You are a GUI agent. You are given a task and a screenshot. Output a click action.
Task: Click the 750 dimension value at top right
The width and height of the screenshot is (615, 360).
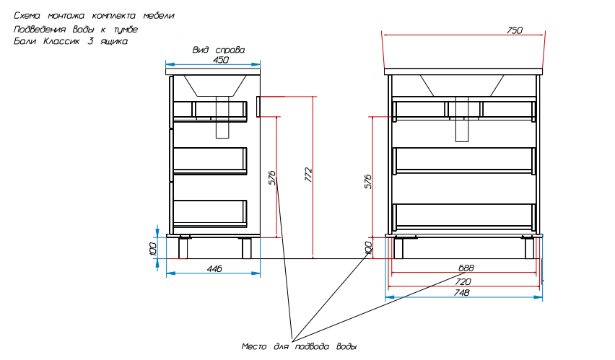515,30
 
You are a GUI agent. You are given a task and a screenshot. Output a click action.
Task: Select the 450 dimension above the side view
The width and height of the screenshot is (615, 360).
220,60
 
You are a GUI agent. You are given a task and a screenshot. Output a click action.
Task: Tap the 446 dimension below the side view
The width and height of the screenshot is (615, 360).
214,268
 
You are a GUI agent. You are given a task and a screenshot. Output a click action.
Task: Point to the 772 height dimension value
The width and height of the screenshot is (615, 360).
309,175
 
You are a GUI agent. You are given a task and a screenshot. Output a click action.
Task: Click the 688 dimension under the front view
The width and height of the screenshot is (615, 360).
466,268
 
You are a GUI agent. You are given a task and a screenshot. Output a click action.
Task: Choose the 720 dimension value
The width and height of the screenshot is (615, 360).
463,281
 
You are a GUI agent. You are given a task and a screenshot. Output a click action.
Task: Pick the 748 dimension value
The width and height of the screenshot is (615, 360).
462,293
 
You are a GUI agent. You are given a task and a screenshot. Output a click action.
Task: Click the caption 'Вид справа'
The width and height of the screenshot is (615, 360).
219,50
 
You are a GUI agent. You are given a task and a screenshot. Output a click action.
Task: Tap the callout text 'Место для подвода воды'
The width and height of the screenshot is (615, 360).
299,346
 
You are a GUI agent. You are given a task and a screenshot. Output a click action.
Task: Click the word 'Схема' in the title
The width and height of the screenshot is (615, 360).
27,16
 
